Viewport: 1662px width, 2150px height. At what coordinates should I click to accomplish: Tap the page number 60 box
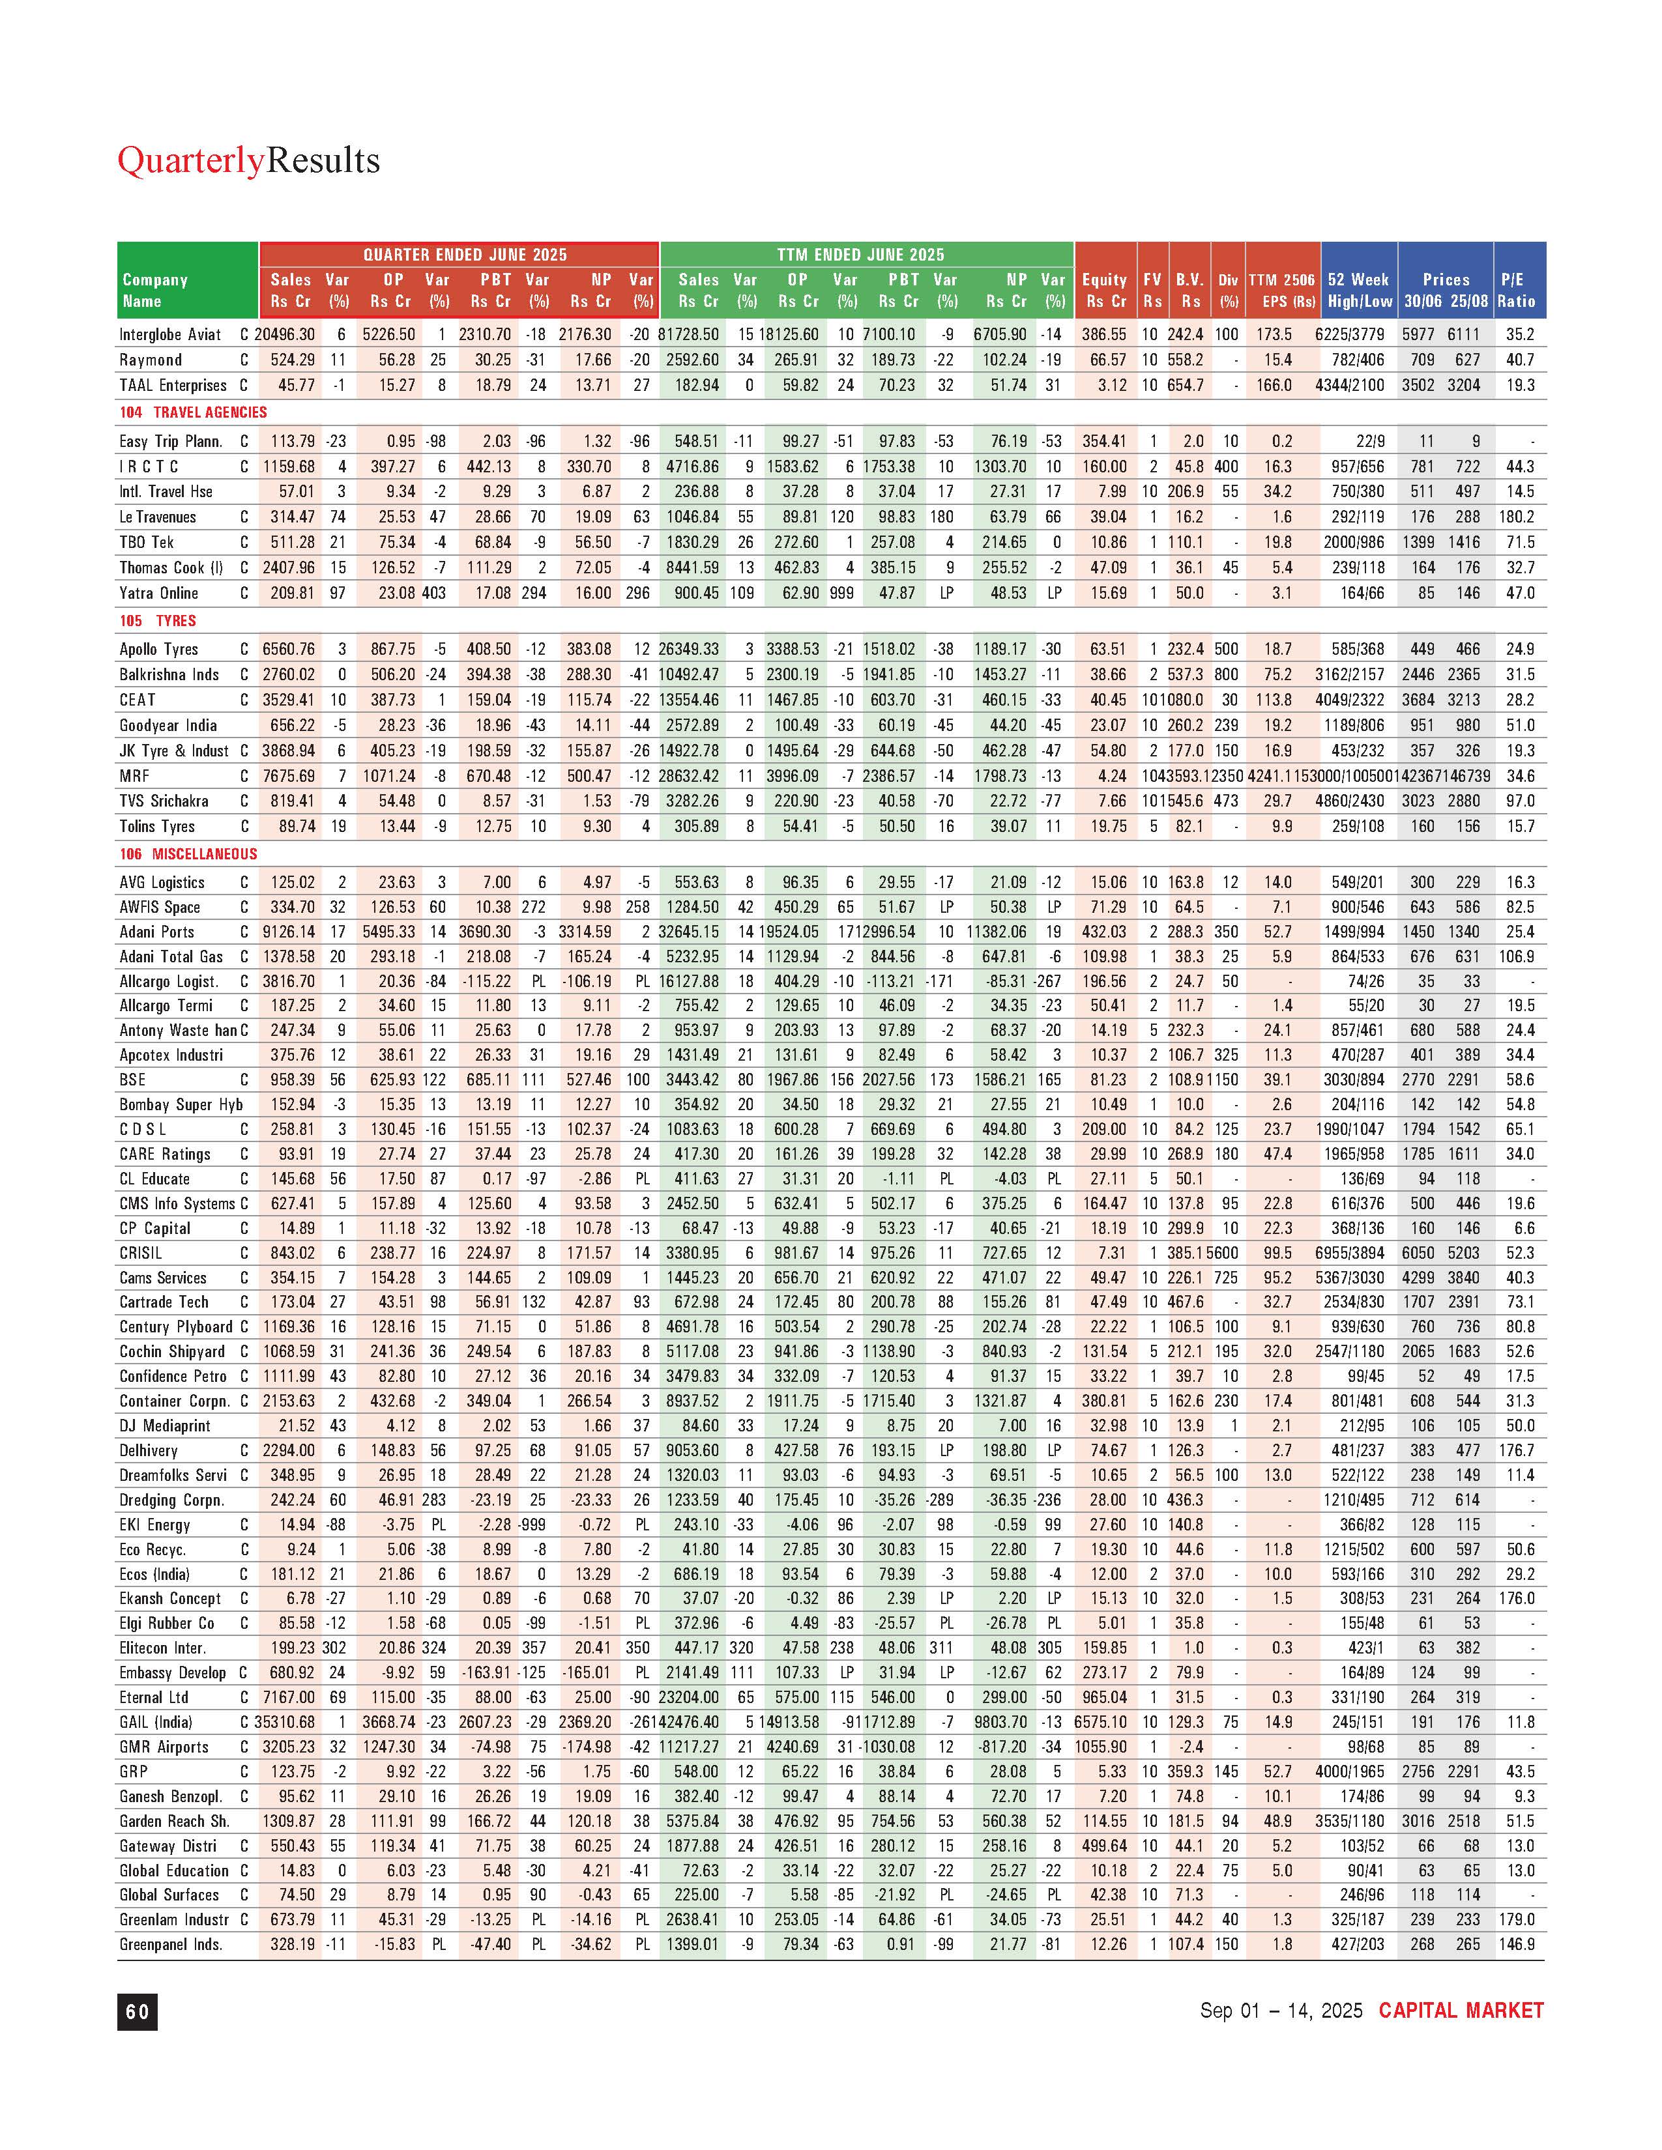(x=137, y=2011)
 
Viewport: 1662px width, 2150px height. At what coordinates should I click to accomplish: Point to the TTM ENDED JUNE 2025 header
(x=860, y=255)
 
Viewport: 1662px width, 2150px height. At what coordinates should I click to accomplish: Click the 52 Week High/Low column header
(x=1359, y=291)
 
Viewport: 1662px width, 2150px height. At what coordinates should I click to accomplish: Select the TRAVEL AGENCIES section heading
(x=210, y=412)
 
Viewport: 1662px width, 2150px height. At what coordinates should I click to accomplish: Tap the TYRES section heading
(x=175, y=621)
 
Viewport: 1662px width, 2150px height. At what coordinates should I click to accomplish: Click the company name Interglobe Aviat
(x=170, y=335)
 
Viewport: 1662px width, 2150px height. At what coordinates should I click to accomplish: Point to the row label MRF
(x=135, y=777)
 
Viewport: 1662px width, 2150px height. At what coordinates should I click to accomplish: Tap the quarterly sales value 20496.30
(x=285, y=335)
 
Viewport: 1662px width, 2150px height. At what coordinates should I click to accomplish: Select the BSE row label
(x=133, y=1080)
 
